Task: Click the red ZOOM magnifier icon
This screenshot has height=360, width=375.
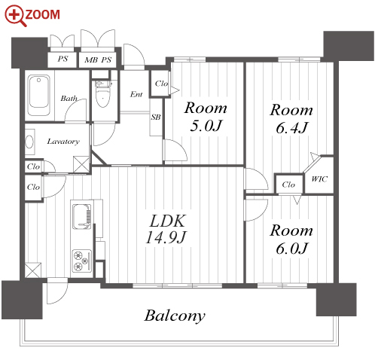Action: [16, 17]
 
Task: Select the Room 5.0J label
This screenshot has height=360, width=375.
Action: [206, 117]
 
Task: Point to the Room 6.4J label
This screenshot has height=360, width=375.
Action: [291, 119]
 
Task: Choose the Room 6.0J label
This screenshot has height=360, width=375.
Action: [291, 239]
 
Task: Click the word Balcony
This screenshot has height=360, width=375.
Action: [175, 316]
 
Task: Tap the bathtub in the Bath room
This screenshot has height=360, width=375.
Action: [39, 96]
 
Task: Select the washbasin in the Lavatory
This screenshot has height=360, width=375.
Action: [29, 142]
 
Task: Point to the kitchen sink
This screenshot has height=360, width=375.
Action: [81, 216]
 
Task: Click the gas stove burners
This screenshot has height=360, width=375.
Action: [81, 261]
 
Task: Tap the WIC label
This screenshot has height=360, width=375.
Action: [319, 179]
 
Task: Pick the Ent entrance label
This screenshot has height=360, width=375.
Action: [136, 94]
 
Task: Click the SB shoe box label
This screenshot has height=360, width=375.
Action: [156, 117]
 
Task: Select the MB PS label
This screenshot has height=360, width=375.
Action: [98, 59]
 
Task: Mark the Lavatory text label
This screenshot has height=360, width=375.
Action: [63, 142]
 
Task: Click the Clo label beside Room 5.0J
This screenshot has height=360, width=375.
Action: [161, 84]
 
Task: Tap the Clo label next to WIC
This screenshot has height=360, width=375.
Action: [288, 185]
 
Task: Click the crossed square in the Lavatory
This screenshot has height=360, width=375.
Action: [81, 164]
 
